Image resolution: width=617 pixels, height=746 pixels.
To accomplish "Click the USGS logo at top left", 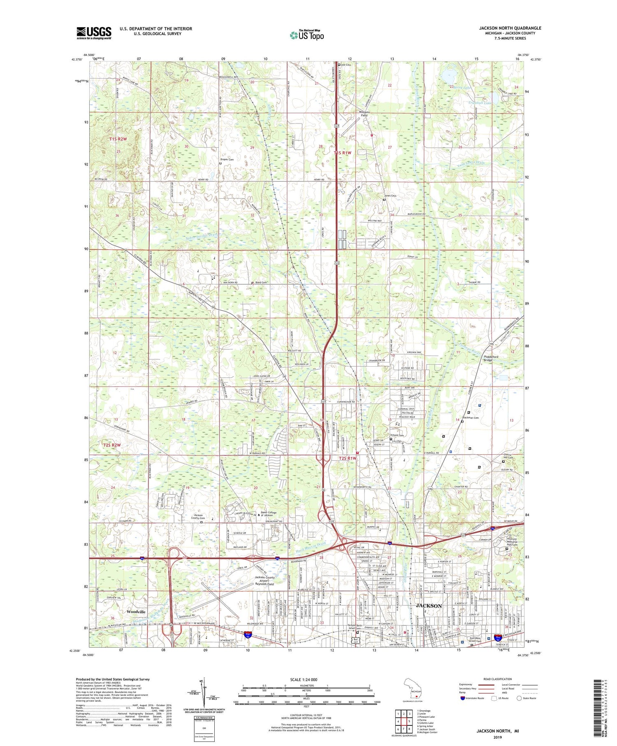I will click(94, 33).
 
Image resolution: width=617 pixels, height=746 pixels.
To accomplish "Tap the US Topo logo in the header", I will click(306, 35).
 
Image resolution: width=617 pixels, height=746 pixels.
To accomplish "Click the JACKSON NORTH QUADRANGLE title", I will click(510, 28).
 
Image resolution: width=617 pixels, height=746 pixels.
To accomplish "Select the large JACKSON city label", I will click(429, 606).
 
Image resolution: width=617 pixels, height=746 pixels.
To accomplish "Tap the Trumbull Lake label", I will click(480, 103).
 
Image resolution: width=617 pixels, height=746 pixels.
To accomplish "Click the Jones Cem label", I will click(390, 195).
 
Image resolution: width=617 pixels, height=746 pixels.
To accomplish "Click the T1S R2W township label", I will click(118, 139).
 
